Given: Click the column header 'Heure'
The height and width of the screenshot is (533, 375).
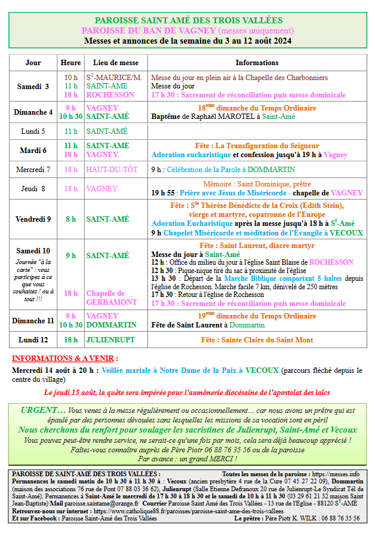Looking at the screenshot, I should (71, 63).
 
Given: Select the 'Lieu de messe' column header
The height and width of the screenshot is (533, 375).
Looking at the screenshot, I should (115, 63).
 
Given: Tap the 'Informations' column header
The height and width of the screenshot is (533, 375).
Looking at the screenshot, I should (257, 63).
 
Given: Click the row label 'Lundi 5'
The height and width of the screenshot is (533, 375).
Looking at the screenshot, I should (33, 131).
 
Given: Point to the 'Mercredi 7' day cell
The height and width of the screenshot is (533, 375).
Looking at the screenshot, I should (33, 170).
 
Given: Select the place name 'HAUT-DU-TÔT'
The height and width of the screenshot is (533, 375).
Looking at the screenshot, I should (112, 170).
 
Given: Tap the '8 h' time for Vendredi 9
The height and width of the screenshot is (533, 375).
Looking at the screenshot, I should (71, 219).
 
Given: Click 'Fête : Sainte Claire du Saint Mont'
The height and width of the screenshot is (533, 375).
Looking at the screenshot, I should (257, 339).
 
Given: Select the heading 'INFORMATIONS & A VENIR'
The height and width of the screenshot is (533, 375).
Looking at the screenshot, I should (64, 359).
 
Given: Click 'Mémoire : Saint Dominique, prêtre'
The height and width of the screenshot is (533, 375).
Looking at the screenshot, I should (257, 184).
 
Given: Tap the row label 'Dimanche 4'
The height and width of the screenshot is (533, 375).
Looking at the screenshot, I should (33, 112).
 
